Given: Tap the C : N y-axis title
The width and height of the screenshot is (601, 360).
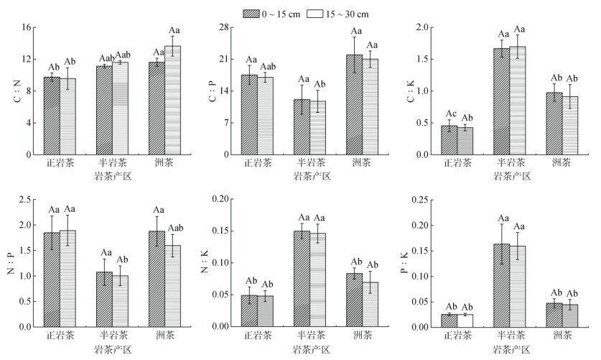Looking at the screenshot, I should [17, 91].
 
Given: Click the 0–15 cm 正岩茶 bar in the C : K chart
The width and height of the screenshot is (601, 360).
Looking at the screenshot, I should [449, 140].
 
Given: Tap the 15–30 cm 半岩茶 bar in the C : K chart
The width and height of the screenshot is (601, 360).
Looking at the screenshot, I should [517, 101].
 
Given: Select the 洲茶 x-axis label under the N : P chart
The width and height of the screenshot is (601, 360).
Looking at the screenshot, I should [164, 336].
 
